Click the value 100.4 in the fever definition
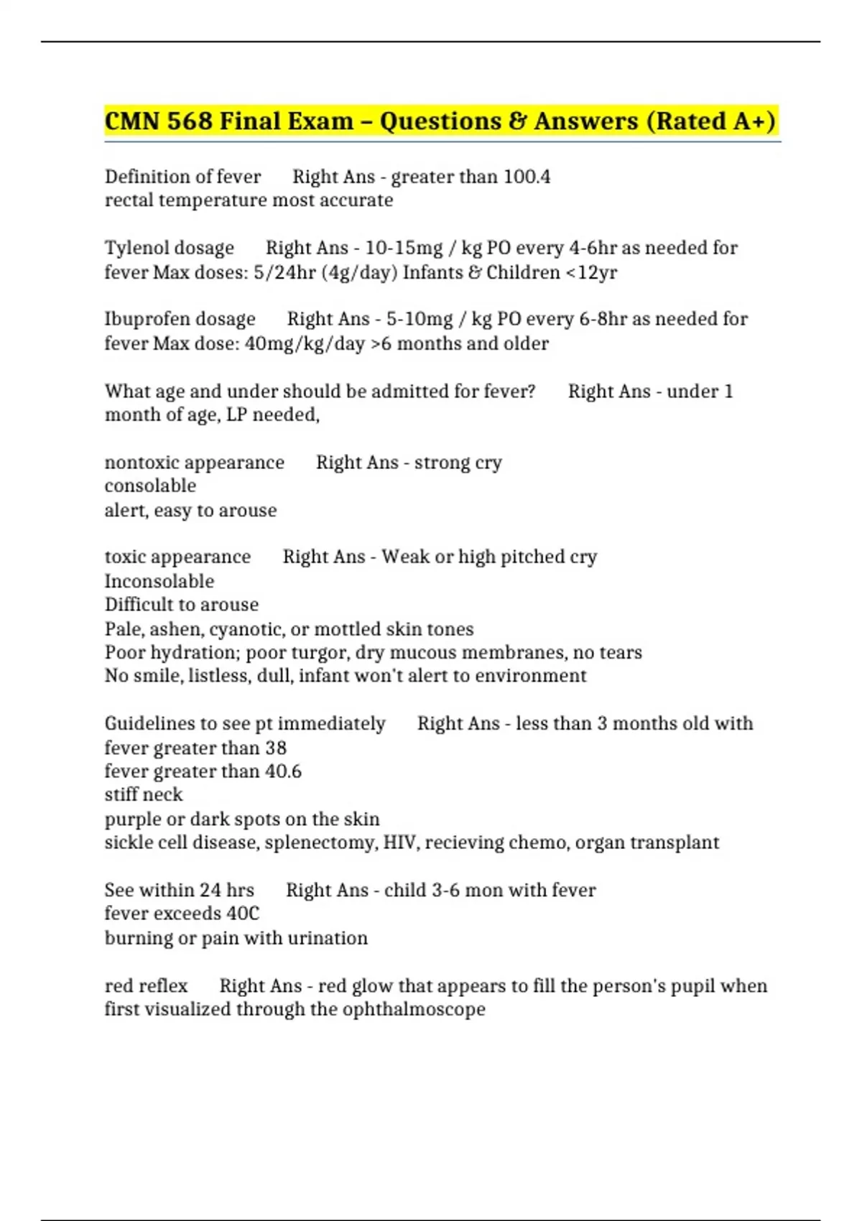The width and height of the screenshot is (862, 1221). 527,177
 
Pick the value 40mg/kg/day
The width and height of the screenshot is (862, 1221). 305,344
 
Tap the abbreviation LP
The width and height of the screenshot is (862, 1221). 236,415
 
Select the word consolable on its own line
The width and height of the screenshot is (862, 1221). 150,486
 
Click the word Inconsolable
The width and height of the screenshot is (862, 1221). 159,581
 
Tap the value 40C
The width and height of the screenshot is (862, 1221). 243,914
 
